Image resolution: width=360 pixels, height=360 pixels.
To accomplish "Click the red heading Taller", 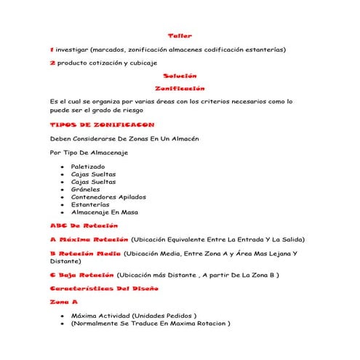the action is point(180,36).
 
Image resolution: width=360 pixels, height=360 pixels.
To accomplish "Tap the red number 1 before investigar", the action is point(52,49).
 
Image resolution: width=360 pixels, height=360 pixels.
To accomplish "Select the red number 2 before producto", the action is point(52,63).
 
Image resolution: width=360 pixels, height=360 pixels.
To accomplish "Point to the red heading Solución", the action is point(180,76).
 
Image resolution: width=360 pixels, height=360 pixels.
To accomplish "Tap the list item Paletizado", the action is point(88,167).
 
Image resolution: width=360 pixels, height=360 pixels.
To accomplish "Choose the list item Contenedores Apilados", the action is point(108,196).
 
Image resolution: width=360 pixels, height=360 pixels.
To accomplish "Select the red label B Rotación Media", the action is point(85,253).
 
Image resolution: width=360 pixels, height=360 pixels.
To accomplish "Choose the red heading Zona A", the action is point(63,302).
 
